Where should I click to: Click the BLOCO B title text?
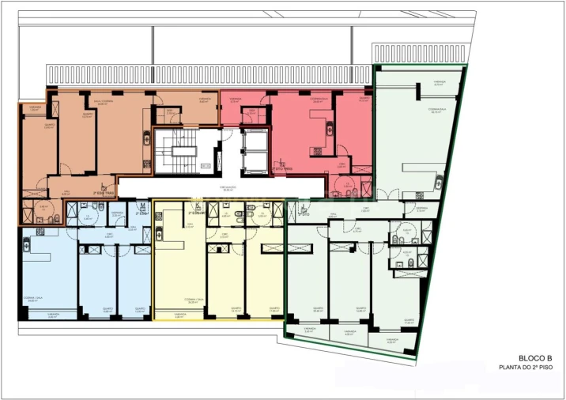[518, 357]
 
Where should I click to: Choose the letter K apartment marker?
[197, 206]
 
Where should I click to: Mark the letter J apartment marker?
[302, 206]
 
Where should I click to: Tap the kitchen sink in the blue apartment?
[27, 246]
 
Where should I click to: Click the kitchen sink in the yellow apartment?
[159, 233]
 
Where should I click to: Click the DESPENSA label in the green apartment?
[422, 209]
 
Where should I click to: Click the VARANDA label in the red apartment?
[235, 101]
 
